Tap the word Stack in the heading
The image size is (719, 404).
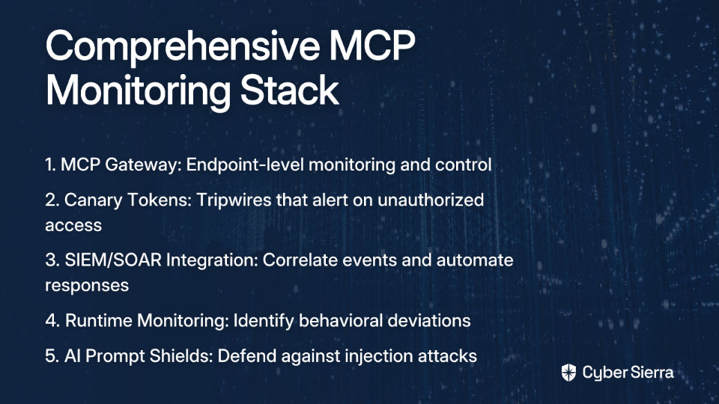289,90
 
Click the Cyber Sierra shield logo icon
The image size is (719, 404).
568,373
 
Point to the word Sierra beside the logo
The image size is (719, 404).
651,373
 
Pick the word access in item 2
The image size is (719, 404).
73,226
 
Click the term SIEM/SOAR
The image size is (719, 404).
113,260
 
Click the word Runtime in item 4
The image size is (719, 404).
99,321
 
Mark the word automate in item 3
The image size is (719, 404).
475,260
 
